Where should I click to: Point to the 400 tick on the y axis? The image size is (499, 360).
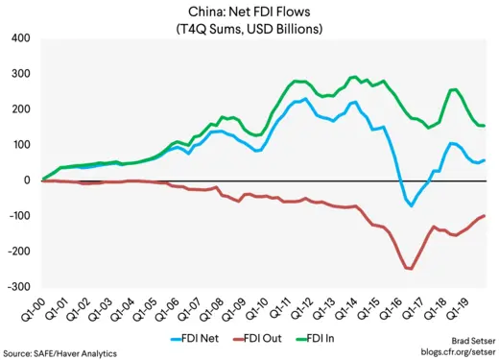20,39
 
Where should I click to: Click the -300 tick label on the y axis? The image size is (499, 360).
18,287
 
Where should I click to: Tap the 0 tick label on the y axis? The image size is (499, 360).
28,180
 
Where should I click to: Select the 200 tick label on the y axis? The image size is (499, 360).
20,109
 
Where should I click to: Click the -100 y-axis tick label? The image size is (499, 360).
18,216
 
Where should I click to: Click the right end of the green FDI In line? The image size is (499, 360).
485,126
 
